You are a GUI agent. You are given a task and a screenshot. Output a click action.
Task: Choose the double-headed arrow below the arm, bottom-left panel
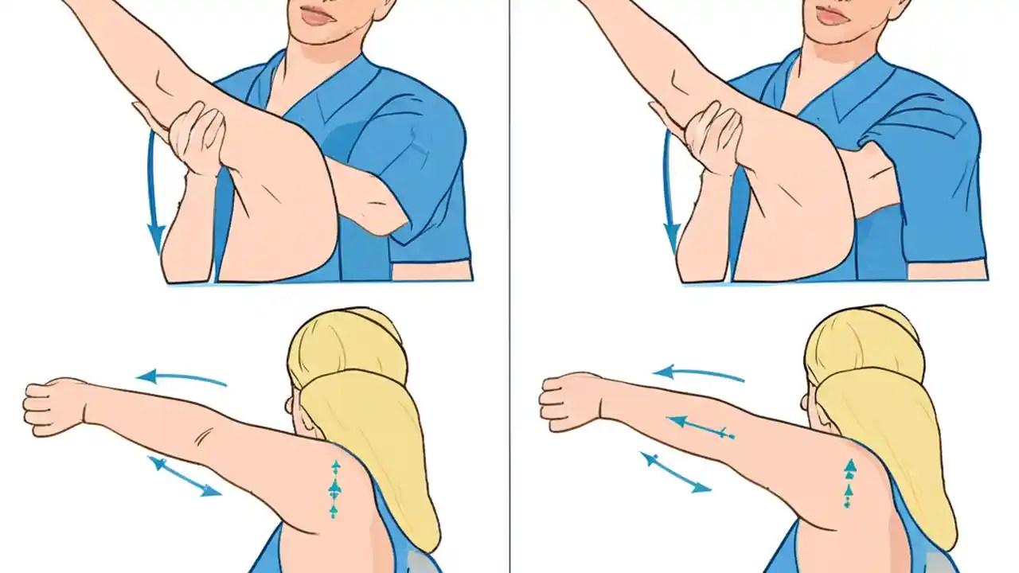coord(184,477)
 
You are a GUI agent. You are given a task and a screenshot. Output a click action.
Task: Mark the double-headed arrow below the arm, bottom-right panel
coord(676,472)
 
